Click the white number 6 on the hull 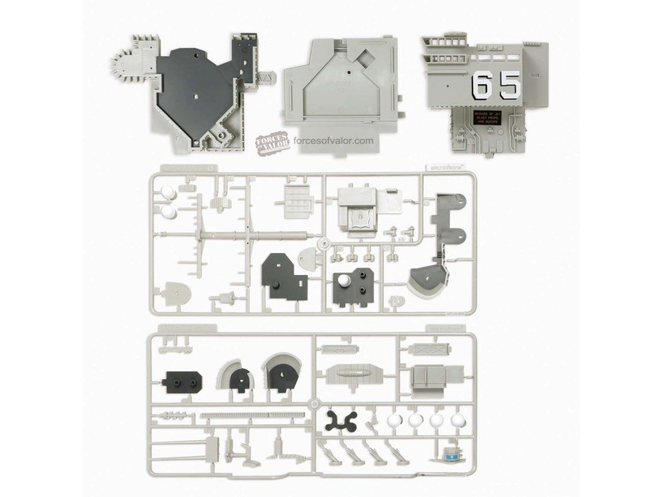click(482, 84)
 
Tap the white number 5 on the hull click(510, 84)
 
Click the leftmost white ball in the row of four click(392, 421)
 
